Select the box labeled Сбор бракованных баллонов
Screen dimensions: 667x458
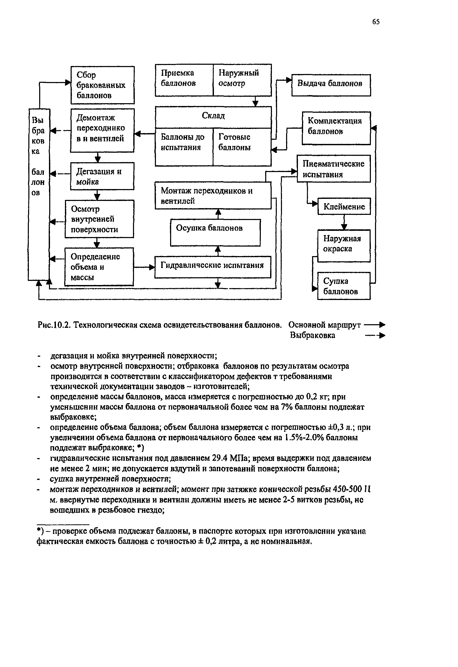(x=102, y=85)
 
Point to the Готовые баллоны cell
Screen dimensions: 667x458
(x=242, y=147)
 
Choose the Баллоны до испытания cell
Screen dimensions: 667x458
(x=184, y=147)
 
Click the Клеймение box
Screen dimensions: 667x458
(x=344, y=206)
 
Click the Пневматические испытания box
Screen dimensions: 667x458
(x=334, y=169)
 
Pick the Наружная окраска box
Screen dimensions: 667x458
(x=344, y=246)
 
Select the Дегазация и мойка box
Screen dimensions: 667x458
(x=102, y=176)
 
